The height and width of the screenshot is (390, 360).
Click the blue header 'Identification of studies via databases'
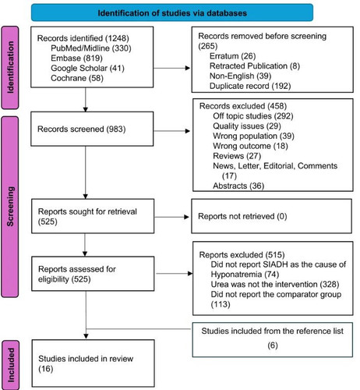click(x=172, y=12)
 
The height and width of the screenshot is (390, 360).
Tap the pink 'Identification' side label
click(x=10, y=68)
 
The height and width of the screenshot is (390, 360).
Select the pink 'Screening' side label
click(x=10, y=207)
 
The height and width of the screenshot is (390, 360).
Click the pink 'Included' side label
click(x=10, y=365)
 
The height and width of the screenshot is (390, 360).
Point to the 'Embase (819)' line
click(x=76, y=58)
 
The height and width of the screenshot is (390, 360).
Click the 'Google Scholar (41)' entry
click(x=87, y=68)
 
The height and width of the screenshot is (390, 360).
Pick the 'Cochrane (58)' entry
click(x=77, y=78)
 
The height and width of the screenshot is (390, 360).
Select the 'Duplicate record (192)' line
click(x=250, y=86)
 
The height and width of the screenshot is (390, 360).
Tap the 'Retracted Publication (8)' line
click(x=255, y=66)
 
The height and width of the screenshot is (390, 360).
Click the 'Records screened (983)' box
click(x=92, y=129)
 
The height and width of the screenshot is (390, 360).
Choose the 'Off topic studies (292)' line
click(x=253, y=116)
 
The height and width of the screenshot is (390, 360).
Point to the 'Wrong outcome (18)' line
click(x=250, y=146)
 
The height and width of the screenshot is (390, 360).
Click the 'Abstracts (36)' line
click(x=238, y=186)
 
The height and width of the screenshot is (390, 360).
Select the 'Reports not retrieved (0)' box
click(x=272, y=216)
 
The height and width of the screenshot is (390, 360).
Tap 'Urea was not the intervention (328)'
click(x=275, y=284)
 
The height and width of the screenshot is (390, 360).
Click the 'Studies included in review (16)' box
click(x=93, y=363)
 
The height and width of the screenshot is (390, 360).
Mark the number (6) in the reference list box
click(x=273, y=346)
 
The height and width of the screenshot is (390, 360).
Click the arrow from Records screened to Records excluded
click(x=171, y=131)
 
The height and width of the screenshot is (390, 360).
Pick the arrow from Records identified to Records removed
click(x=171, y=68)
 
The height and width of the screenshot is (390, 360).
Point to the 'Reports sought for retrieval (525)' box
click(x=93, y=216)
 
